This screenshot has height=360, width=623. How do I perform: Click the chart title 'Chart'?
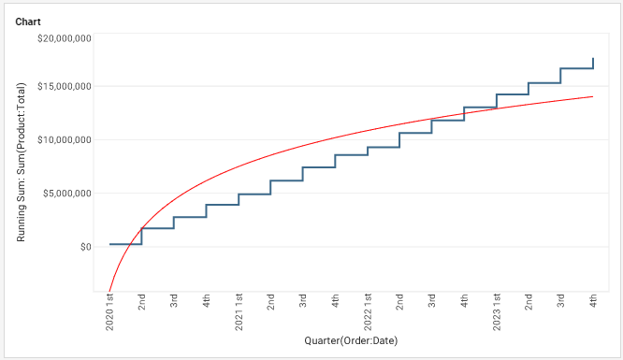[x=27, y=21]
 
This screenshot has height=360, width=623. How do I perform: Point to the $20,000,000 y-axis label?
[x=64, y=38]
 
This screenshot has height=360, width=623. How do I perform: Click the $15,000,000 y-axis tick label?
[x=64, y=87]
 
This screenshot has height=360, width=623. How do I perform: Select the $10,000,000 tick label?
[x=64, y=140]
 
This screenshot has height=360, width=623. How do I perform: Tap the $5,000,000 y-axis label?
[x=66, y=194]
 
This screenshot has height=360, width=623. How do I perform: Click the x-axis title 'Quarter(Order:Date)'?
[x=351, y=341]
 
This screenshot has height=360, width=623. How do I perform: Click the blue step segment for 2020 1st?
[x=125, y=244]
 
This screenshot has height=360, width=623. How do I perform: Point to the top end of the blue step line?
[x=593, y=59]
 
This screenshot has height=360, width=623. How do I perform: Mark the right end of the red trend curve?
[x=593, y=96]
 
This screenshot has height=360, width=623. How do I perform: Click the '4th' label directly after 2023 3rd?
[x=593, y=303]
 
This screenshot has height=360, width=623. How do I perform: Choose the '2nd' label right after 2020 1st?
[x=142, y=303]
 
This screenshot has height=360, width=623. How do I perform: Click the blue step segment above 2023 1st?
[x=513, y=94]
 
